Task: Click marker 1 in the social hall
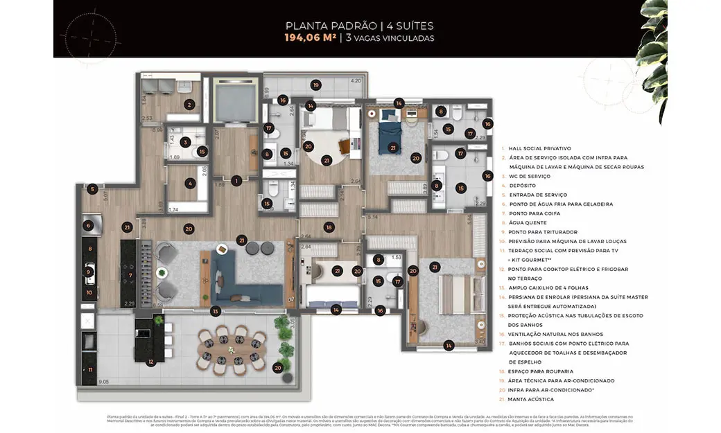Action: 237,181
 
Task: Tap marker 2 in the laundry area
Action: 189,105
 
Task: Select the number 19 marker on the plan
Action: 315,85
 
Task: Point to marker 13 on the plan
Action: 217,311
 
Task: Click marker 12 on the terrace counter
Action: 150,361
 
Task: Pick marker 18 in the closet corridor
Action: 329,227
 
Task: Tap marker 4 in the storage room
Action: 190,184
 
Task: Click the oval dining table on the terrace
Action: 231,350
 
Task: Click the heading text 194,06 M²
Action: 310,38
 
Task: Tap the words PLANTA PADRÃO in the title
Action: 320,26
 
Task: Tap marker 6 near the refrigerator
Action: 88,225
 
